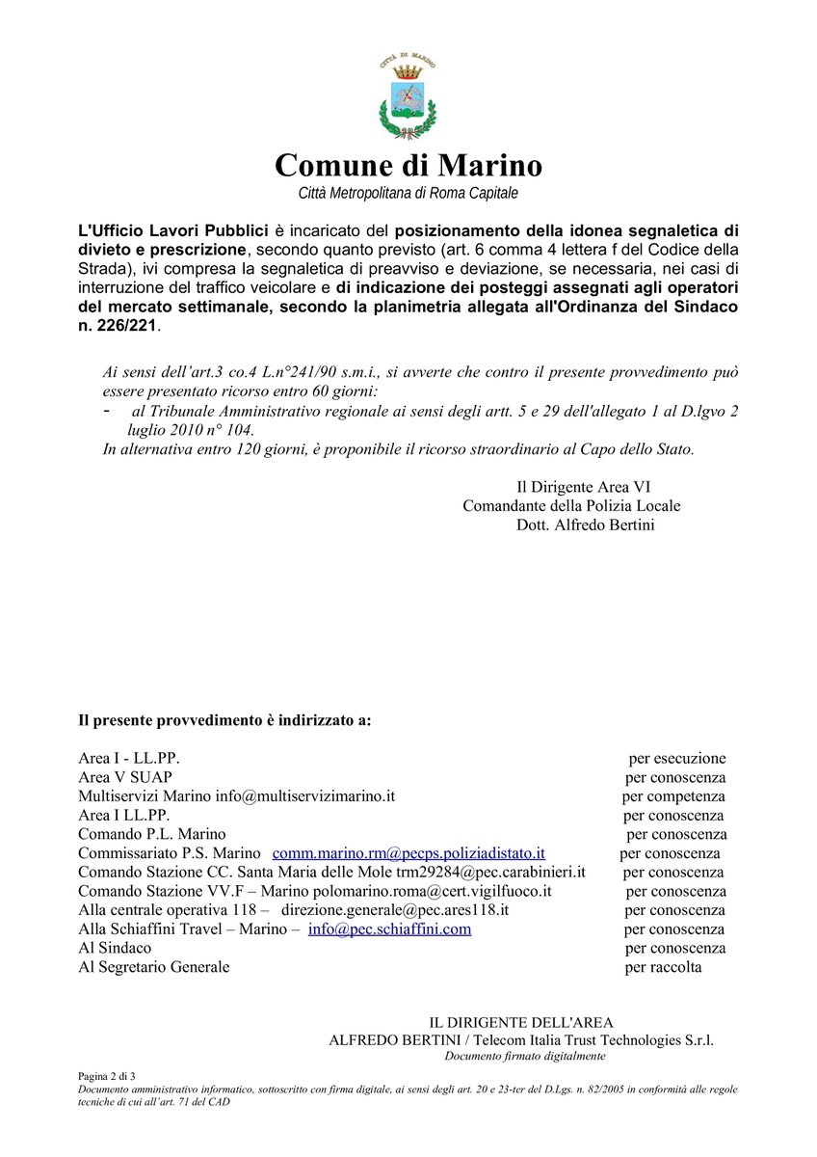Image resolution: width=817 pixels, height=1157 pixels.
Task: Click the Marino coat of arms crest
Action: point(408,98)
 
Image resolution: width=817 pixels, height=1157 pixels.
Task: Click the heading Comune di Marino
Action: point(408,165)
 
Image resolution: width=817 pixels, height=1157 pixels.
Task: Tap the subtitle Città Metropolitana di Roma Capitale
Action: point(408,194)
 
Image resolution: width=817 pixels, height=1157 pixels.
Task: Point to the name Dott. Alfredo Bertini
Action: point(585,525)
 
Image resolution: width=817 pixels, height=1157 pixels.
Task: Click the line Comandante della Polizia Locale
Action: point(571,505)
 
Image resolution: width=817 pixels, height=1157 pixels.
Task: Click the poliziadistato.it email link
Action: point(408,853)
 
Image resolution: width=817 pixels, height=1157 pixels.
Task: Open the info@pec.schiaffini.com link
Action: point(389,929)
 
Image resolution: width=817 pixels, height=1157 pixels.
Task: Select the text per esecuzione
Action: point(677,759)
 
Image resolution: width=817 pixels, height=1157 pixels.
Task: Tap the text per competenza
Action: point(672,796)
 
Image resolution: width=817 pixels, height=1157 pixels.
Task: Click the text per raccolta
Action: point(663,967)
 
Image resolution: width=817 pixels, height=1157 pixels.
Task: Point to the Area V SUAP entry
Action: point(125,777)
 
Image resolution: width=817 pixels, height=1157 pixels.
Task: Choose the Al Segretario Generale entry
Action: point(154,967)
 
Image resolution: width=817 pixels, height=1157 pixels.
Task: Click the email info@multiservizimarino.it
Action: point(305,796)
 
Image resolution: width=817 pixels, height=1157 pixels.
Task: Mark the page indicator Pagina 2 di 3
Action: point(107,1075)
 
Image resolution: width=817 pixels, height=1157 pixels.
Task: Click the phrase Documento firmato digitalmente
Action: point(524,1056)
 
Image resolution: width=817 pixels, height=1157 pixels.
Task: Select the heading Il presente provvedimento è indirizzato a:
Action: point(224,721)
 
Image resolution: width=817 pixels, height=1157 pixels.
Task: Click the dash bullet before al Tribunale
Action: point(105,410)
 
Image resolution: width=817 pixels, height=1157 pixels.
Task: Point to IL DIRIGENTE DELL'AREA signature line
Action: point(520,1022)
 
